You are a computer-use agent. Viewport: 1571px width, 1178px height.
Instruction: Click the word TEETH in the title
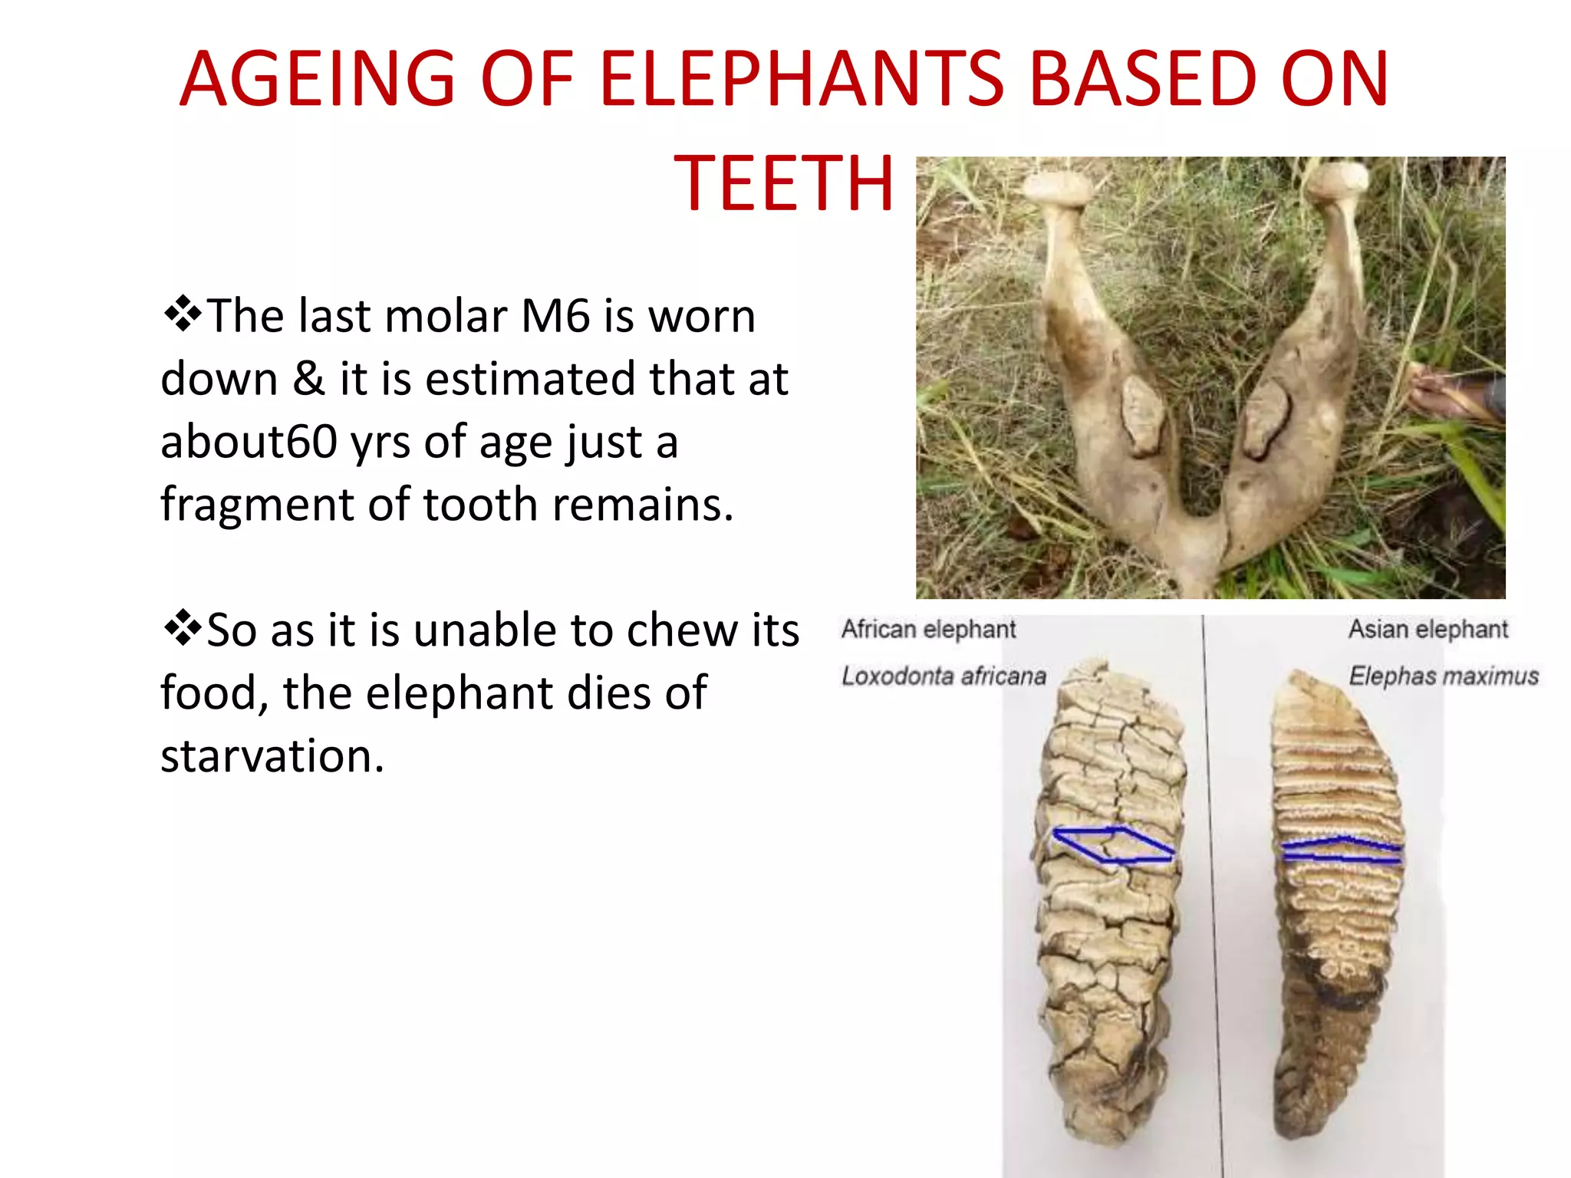point(783,183)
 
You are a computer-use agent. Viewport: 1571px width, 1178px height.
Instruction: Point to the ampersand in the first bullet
point(308,379)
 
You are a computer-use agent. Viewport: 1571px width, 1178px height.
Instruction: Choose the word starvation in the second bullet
point(272,756)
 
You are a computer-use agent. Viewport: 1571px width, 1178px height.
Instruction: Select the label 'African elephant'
point(928,630)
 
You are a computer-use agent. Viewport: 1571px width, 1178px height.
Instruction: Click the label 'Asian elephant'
point(1428,630)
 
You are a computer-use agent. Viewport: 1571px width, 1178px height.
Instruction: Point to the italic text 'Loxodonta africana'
point(944,676)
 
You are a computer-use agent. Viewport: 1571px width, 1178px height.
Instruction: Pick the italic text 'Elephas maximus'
point(1443,676)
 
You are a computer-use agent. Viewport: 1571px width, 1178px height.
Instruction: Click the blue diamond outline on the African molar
point(1113,844)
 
